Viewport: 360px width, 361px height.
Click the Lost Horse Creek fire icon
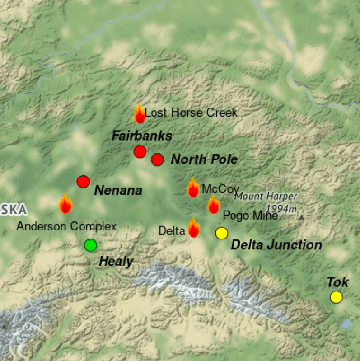140,114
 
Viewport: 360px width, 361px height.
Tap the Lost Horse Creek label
191,113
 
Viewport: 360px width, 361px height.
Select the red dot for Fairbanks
140,151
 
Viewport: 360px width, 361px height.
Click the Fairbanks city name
142,136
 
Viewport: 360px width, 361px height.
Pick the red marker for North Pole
157,159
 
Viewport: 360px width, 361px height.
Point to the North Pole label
204,159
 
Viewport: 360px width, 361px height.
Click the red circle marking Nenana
84,182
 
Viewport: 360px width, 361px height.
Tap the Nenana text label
118,191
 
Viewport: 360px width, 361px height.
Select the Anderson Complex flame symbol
66,204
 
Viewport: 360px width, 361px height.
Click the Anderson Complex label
66,226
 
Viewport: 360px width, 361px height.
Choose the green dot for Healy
91,245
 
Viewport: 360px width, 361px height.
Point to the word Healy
116,261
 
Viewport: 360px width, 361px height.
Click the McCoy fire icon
193,188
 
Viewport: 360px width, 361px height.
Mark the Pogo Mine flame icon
214,205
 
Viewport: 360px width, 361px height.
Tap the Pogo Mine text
250,216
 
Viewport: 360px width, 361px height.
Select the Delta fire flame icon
194,228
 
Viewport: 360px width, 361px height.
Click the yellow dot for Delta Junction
221,233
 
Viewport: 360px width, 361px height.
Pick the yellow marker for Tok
336,297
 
